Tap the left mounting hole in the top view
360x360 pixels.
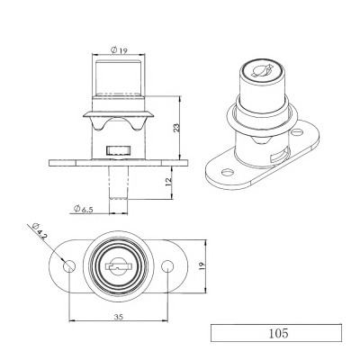(x=68, y=267)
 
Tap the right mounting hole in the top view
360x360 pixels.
(x=168, y=267)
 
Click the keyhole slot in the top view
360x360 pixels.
(x=118, y=267)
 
